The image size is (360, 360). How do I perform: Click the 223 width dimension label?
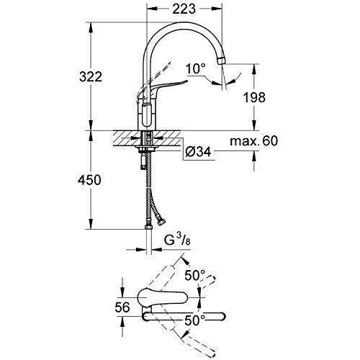184,9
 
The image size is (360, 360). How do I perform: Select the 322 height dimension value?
91,77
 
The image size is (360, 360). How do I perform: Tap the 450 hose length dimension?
89,180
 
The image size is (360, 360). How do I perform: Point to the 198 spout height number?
254,97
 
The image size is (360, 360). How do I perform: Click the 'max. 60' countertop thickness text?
253,141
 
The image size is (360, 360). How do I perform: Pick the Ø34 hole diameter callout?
198,151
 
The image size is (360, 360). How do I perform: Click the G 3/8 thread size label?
177,240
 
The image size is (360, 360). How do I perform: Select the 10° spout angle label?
196,68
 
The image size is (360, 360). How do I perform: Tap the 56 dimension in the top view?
122,307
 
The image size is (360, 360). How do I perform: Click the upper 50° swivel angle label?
195,275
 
